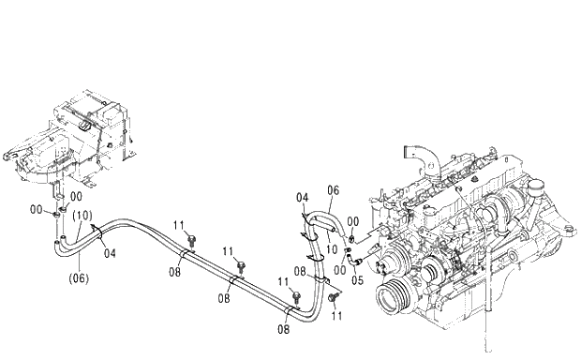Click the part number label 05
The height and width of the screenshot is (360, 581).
click(x=357, y=280)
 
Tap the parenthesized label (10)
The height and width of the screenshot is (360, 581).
click(x=82, y=216)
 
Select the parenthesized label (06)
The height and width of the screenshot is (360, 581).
click(x=79, y=278)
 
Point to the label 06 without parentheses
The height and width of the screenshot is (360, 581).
click(x=333, y=190)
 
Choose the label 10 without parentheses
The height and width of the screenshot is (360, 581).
click(x=332, y=249)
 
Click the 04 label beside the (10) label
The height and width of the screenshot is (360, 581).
click(x=110, y=253)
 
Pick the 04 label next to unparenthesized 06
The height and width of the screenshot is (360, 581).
click(x=302, y=198)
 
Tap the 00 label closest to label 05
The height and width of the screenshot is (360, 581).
click(x=340, y=270)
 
